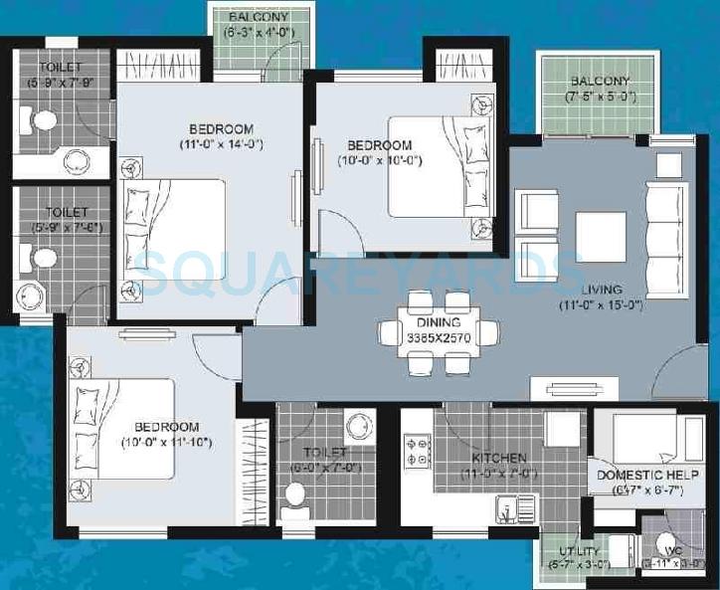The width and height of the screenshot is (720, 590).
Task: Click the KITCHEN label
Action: coord(498,458)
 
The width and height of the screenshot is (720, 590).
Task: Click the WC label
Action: coord(672,551)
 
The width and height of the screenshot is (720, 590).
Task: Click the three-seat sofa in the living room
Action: coord(665,232)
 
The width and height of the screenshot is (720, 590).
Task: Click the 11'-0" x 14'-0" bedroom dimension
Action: coord(221,143)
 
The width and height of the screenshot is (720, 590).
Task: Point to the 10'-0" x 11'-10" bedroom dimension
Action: coord(169,442)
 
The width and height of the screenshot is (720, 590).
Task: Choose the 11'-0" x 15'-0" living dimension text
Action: coord(602,304)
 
